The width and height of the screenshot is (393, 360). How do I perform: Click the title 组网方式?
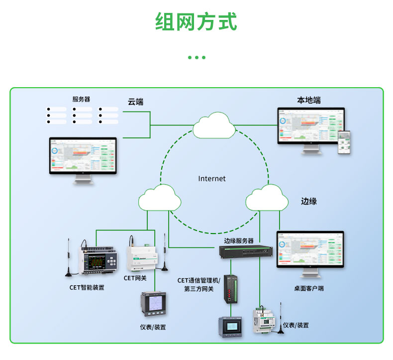point(196,22)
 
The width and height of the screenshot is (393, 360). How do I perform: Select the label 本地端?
point(309,101)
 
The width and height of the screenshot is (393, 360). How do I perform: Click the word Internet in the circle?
point(212,178)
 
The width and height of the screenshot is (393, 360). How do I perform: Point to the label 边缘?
point(309,201)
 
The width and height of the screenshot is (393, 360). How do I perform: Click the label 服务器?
point(81,99)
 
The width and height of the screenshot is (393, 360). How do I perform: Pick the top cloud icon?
point(214,126)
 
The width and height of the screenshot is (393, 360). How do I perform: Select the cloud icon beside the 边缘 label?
point(267,198)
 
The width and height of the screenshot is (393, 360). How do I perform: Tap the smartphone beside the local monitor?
point(344,143)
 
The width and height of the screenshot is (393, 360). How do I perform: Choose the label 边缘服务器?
point(239,240)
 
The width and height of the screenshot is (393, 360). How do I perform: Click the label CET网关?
point(135,278)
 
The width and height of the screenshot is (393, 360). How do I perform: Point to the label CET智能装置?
point(87,287)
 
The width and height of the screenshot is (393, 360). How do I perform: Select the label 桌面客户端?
point(308,288)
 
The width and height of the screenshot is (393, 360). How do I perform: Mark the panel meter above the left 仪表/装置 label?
point(154,303)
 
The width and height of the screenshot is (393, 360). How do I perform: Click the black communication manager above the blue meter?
point(230,289)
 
